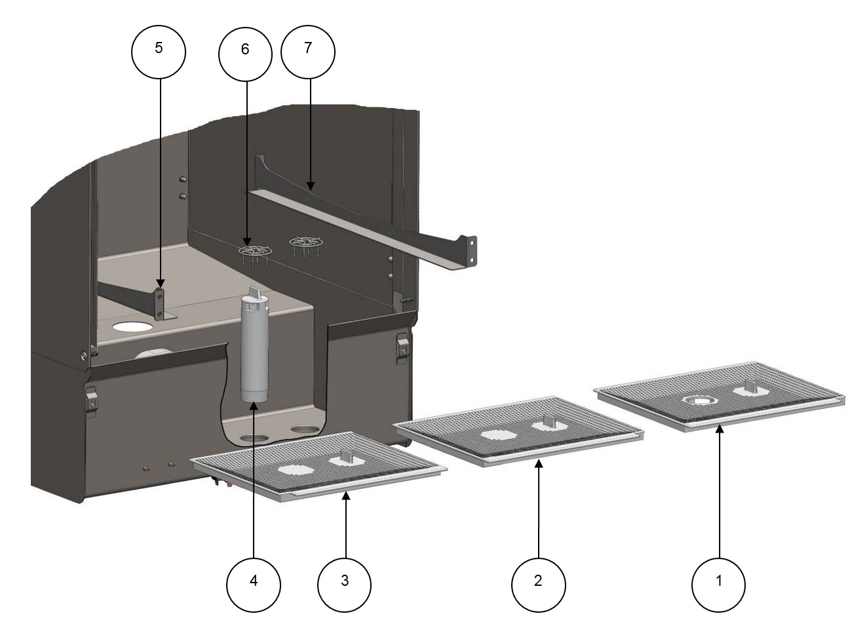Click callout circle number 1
pos(719,581)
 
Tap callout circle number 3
pos(345,581)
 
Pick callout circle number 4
pos(253,581)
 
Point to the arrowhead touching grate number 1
pos(719,429)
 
